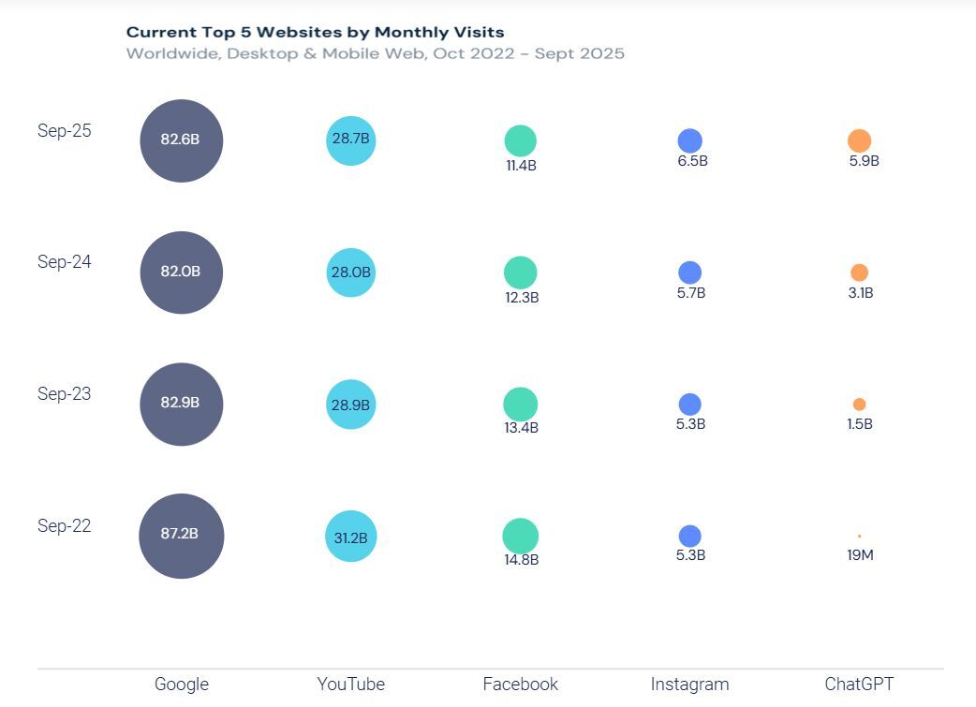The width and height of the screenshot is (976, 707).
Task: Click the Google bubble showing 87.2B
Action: (181, 536)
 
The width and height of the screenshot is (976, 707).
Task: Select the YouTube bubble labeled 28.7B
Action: (350, 140)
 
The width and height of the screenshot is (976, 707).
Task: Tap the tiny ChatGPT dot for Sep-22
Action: (859, 537)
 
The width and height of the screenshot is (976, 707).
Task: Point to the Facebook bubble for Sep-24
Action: (520, 272)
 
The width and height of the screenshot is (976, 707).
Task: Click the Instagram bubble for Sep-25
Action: (690, 141)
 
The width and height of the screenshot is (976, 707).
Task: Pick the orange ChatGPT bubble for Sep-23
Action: (859, 405)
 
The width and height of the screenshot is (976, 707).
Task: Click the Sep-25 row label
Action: (65, 131)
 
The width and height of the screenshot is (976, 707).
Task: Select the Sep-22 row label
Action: (65, 526)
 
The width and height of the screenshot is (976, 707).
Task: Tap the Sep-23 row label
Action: (65, 394)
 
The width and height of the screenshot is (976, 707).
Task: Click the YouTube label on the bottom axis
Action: (350, 685)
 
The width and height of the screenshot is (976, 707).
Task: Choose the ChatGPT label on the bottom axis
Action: (859, 685)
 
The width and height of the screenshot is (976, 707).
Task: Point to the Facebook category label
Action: (520, 685)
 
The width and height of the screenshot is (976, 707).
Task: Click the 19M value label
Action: (859, 555)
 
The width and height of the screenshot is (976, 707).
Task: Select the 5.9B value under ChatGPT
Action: (863, 161)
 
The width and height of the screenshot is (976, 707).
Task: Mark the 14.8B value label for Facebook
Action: (521, 560)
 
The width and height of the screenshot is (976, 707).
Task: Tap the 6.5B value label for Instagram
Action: (691, 161)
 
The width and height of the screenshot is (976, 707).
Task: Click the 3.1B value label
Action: (859, 293)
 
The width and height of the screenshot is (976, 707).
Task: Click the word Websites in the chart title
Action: (299, 33)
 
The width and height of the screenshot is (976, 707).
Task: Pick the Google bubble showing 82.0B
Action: (181, 272)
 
